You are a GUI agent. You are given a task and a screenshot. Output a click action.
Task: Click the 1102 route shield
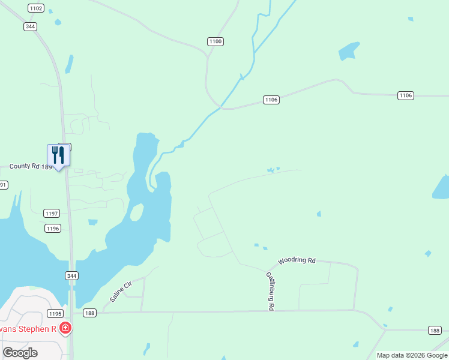36,8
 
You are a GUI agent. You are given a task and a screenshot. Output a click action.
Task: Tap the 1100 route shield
215,41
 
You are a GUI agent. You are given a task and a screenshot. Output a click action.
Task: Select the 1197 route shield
52,214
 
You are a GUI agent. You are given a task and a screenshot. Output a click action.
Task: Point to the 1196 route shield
53,228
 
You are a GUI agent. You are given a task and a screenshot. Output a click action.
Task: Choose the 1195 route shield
55,314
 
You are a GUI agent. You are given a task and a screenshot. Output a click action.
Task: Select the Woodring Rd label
297,261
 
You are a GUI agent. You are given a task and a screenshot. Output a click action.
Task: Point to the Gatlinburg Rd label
270,291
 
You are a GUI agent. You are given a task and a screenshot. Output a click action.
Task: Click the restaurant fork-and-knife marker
58,155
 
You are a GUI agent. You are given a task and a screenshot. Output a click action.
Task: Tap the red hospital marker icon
65,328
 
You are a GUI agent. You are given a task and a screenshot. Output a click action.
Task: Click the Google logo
20,353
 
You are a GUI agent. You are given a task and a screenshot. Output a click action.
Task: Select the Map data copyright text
412,355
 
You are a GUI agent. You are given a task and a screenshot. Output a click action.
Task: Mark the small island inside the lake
137,212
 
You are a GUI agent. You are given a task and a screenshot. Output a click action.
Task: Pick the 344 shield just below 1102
31,26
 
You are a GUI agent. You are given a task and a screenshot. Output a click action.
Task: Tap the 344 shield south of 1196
71,275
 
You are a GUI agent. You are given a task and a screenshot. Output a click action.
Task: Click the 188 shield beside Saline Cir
90,313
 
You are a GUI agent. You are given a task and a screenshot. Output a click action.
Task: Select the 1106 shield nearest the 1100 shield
271,100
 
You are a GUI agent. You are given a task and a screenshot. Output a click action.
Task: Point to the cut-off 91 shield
3,185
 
